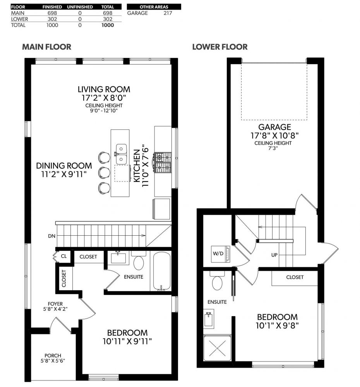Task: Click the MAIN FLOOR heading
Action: pyautogui.click(x=47, y=47)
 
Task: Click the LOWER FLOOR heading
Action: pyautogui.click(x=220, y=47)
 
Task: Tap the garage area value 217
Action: pyautogui.click(x=168, y=13)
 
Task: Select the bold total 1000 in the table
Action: pyautogui.click(x=108, y=25)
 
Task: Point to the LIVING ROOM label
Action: pyautogui.click(x=104, y=89)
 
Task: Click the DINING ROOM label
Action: pyautogui.click(x=64, y=166)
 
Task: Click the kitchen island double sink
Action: pyautogui.click(x=121, y=154)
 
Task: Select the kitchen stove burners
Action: pyautogui.click(x=163, y=162)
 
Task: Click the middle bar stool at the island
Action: pyautogui.click(x=104, y=172)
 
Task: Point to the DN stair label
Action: pyautogui.click(x=51, y=236)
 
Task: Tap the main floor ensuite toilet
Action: pyautogui.click(x=139, y=261)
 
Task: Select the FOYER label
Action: pyautogui.click(x=55, y=304)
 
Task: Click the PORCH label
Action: pyautogui.click(x=53, y=356)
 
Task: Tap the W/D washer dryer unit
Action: pyautogui.click(x=220, y=254)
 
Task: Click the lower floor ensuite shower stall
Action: pyautogui.click(x=217, y=348)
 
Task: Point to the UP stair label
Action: pyautogui.click(x=274, y=255)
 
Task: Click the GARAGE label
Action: pyautogui.click(x=274, y=127)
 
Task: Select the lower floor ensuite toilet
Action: pyautogui.click(x=217, y=281)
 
